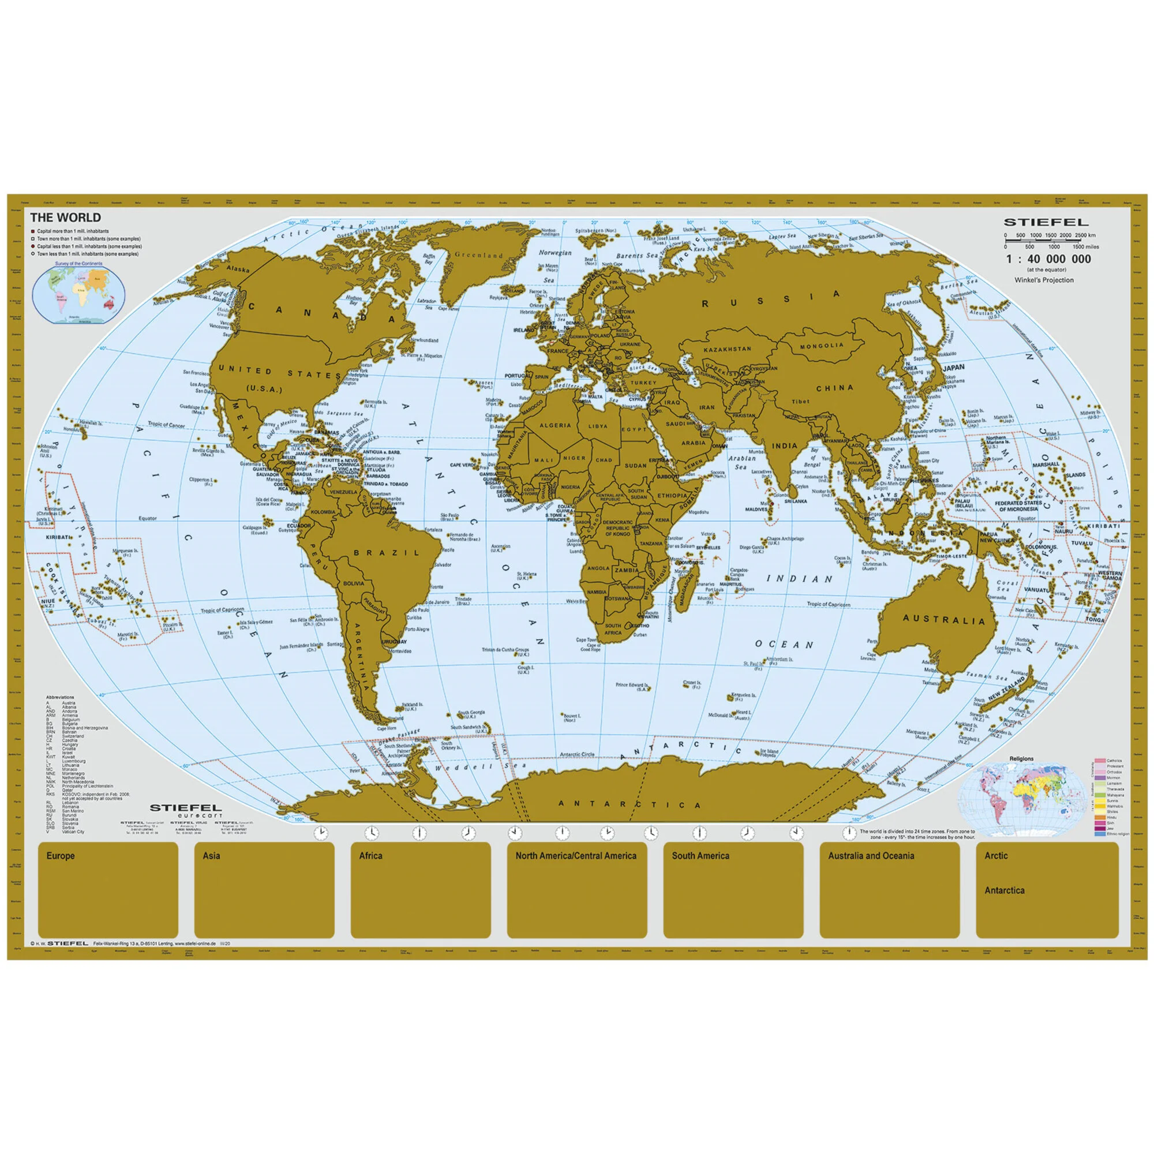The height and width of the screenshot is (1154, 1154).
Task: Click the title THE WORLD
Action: (66, 218)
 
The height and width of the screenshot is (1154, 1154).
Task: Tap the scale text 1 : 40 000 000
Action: (1048, 259)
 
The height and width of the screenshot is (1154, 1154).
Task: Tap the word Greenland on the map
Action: (479, 255)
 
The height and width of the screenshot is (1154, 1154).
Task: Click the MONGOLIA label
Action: (822, 346)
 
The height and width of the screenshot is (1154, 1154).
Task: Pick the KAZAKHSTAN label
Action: (727, 349)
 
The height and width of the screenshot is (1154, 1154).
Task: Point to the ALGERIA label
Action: (556, 426)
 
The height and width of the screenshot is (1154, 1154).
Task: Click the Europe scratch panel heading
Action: (61, 856)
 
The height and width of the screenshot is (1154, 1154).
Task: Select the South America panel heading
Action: (700, 856)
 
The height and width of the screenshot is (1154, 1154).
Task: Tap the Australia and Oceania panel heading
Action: (870, 856)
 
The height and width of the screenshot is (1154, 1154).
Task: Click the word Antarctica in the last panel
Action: (1004, 890)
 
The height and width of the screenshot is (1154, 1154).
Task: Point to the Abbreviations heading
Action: (61, 697)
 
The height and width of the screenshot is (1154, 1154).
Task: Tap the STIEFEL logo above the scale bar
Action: (1046, 223)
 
